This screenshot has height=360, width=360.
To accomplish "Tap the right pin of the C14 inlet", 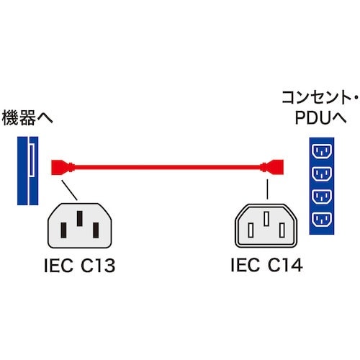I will [x=282, y=230].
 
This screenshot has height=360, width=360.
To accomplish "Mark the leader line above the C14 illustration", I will [x=267, y=189].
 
